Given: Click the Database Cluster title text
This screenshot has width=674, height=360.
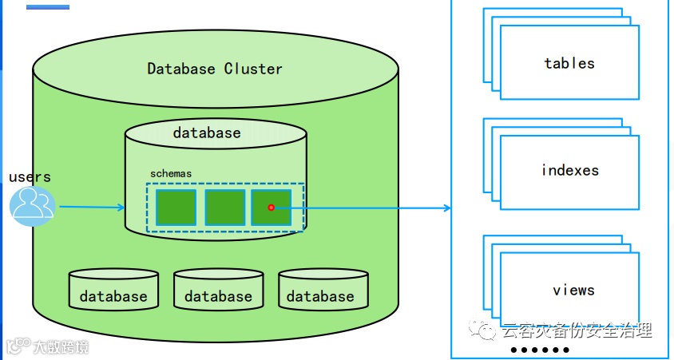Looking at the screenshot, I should tap(215, 69).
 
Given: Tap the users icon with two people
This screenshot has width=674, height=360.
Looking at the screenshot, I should tap(32, 205).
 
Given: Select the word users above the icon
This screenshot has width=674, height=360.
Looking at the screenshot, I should tap(30, 176).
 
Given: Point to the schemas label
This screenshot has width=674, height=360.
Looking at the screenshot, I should tap(171, 173).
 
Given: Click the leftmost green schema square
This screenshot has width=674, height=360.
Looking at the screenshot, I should tap(176, 208).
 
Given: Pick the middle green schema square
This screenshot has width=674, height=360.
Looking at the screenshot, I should tap(224, 208).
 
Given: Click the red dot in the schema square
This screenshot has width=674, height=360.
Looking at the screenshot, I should tap(272, 208).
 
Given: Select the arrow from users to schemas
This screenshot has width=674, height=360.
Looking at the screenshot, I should tap(92, 208).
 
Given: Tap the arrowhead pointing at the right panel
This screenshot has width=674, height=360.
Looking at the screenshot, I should tap(447, 208).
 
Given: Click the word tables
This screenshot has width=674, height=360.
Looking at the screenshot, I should tap(569, 63).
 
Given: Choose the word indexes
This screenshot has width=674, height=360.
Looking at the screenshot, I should tap(569, 170).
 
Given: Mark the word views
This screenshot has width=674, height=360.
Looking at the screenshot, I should tap(573, 290).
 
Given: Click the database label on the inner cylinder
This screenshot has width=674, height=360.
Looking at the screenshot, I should tap(207, 133).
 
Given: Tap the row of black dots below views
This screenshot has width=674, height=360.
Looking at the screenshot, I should tap(540, 350).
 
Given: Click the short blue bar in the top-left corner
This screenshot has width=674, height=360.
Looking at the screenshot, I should tap(47, 7).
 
